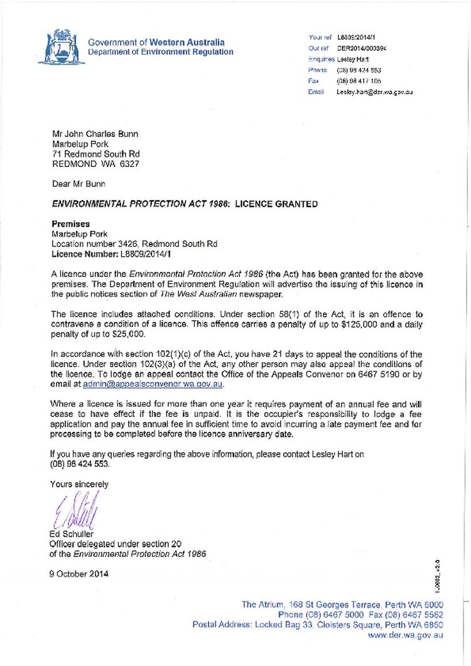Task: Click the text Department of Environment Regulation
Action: coord(160,52)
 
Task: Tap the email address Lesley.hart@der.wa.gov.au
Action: coord(374,92)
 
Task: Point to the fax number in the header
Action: coord(359,81)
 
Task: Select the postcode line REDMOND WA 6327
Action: coord(95,164)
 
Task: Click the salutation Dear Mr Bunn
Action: coord(78,184)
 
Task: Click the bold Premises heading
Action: coord(70,223)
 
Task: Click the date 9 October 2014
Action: coord(79,574)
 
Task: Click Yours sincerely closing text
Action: coord(79,484)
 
